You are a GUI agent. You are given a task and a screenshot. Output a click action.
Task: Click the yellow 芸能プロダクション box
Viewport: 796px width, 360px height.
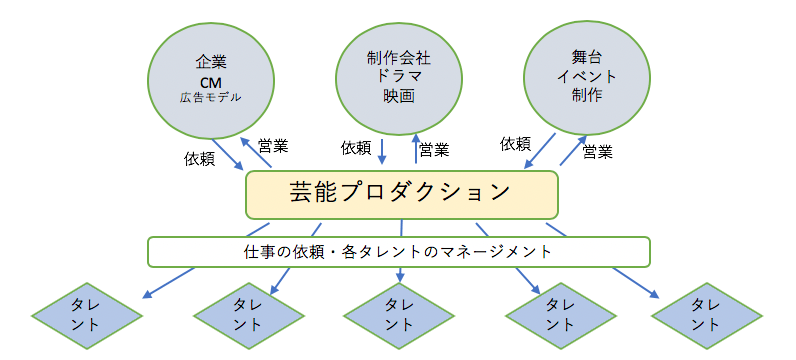pos(401,193)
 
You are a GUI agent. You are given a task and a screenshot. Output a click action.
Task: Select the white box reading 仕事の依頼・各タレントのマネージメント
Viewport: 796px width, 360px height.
pos(399,251)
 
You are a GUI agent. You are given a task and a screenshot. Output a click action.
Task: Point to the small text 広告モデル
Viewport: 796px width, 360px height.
pos(210,97)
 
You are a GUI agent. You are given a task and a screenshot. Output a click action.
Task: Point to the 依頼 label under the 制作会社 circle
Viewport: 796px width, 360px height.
pos(356,148)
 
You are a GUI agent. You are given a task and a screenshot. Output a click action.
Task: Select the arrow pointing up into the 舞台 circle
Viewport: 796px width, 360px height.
pos(575,150)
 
